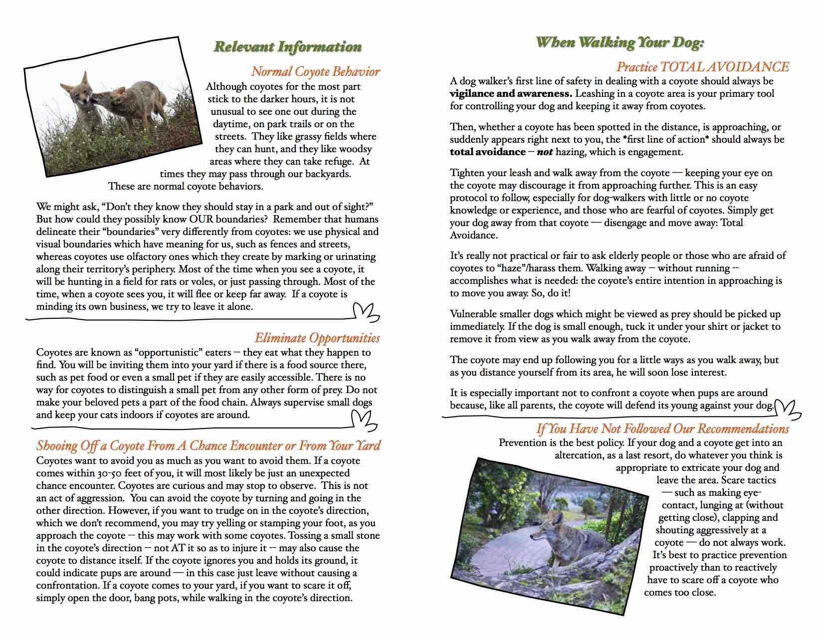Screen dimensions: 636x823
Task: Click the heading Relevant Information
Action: click(x=288, y=47)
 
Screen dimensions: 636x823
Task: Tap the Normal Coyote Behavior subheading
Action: click(x=315, y=72)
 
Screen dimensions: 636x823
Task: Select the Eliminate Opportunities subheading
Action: click(x=317, y=338)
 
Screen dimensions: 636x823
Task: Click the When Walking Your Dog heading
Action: click(x=619, y=42)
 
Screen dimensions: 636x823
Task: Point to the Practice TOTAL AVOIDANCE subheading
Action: click(x=702, y=67)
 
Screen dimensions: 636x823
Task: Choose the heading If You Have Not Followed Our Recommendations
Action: click(x=662, y=429)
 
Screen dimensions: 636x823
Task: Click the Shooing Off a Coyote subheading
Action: click(x=208, y=445)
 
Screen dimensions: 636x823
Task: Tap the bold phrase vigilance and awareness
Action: click(x=510, y=94)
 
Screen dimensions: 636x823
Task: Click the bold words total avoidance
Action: click(x=487, y=152)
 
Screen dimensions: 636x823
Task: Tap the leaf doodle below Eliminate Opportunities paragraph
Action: click(x=364, y=420)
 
